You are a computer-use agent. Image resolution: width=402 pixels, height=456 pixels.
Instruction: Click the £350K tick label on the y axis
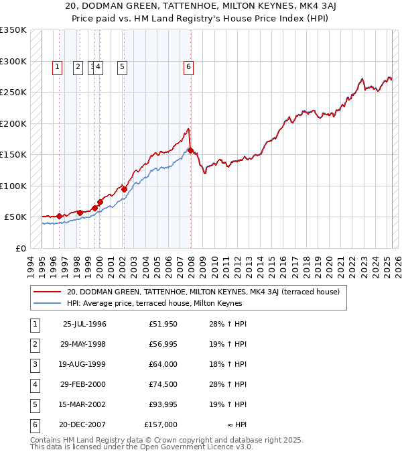(13, 30)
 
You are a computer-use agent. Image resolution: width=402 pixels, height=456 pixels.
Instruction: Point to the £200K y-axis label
(13, 123)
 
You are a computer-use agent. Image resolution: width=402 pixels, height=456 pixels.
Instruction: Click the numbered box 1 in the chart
(58, 66)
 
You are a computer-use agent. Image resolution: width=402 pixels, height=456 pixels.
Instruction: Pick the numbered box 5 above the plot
(123, 66)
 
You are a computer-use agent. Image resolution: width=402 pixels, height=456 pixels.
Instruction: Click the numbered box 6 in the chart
(189, 66)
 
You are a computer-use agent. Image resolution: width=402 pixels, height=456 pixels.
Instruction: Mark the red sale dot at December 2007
(190, 150)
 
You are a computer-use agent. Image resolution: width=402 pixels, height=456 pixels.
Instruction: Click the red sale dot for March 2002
(124, 190)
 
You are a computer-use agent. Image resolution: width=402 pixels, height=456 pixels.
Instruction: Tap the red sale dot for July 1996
(59, 216)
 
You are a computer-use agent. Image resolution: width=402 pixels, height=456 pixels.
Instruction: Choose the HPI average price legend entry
(154, 303)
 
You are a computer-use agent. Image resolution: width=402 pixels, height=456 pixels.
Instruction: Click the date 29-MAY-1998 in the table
(84, 344)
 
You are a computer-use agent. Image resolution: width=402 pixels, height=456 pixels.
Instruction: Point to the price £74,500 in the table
(161, 384)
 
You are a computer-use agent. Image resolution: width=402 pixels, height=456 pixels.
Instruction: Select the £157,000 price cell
(161, 424)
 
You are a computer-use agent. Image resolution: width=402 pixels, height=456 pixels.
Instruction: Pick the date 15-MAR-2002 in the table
(84, 404)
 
